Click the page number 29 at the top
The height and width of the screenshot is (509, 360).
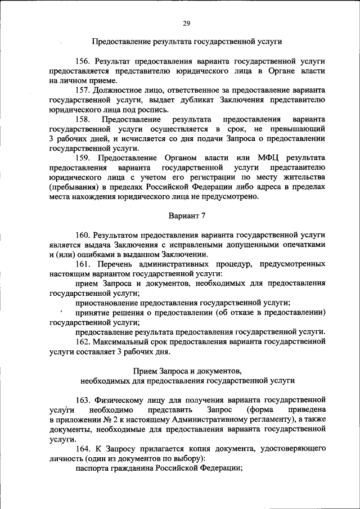tap(187, 23)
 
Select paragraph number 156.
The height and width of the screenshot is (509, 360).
tap(83, 60)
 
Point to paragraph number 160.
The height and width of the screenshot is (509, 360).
tap(83, 235)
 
